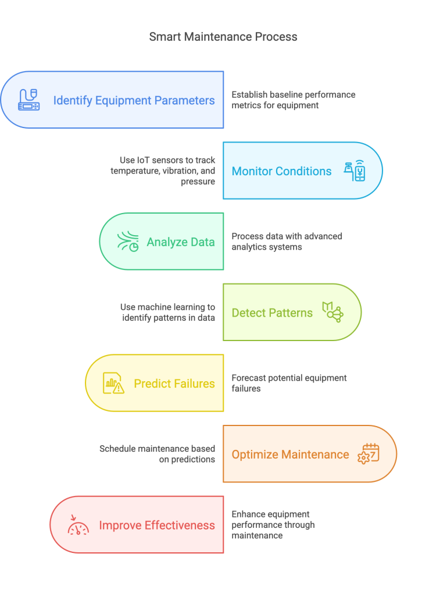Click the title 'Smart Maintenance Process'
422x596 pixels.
(x=223, y=37)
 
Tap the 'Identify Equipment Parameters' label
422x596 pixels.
(x=134, y=100)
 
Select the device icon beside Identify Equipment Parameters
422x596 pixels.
(x=28, y=100)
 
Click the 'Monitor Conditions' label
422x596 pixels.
(x=281, y=171)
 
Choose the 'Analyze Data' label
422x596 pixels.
(x=180, y=242)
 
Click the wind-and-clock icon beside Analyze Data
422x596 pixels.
(x=128, y=242)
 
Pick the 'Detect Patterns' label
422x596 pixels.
(x=272, y=313)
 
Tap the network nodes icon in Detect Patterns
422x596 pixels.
(x=333, y=313)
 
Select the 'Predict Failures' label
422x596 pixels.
(x=174, y=384)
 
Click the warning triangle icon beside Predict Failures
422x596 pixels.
(x=114, y=384)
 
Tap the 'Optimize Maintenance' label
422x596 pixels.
(x=290, y=455)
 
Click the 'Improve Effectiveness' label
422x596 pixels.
(x=157, y=526)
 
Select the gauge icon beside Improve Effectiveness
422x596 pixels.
(x=78, y=525)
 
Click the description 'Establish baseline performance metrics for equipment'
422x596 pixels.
(x=294, y=100)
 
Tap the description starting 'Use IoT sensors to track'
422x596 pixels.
(x=163, y=171)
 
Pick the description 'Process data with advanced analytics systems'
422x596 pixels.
(x=287, y=242)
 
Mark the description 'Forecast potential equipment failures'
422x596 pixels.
(x=289, y=383)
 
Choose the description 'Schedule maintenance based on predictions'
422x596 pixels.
(x=157, y=454)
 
